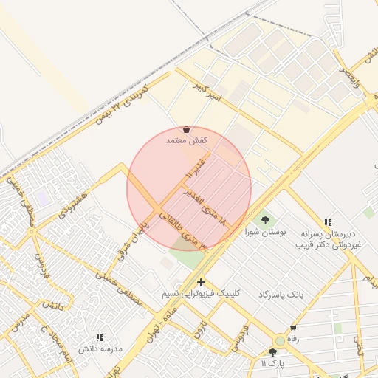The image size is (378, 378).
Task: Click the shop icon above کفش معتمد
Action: pos(185,129)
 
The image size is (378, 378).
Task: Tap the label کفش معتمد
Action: pos(185,140)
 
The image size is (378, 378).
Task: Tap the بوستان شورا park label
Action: pos(265,232)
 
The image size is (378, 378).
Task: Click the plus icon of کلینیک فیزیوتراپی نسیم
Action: pos(201,281)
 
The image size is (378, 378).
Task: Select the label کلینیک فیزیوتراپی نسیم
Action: pos(202,293)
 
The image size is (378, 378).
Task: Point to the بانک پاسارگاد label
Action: pos(281,294)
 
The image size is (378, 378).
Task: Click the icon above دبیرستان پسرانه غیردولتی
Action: pos(328,221)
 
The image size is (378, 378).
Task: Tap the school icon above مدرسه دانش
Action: pos(100,337)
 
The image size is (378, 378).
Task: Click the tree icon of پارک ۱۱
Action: pos(273,352)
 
